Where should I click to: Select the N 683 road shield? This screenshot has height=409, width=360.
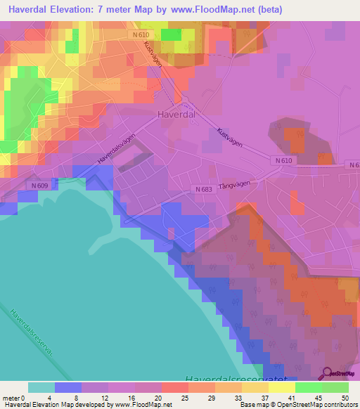point(202,189)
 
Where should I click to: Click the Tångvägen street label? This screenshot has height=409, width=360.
point(236,181)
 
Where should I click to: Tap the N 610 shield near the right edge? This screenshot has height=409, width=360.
point(282,160)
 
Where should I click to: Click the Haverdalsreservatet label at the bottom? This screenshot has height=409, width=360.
point(234,379)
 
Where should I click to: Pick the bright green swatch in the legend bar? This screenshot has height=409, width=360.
point(309,387)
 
